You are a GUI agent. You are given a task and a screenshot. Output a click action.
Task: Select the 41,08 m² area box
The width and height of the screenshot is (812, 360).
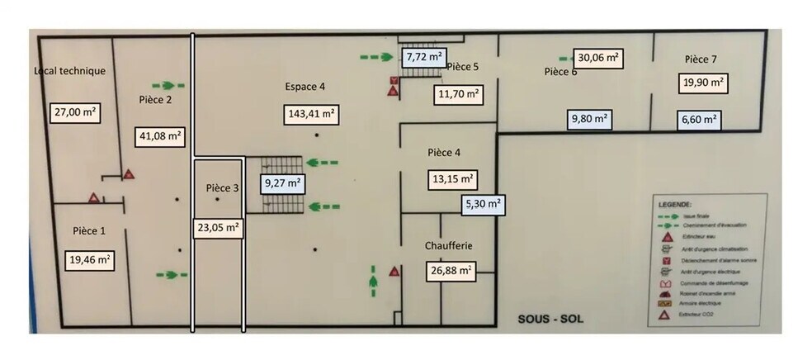click(x=159, y=135)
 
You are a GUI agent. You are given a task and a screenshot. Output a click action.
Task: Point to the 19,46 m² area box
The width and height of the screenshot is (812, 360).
click(x=88, y=259)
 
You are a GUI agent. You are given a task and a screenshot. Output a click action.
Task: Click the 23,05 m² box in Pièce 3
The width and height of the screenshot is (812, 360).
click(x=219, y=225)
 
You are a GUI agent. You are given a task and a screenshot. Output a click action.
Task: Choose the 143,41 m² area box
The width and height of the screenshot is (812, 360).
click(x=311, y=113)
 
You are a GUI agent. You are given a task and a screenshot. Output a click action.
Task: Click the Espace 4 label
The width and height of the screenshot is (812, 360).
click(x=305, y=86)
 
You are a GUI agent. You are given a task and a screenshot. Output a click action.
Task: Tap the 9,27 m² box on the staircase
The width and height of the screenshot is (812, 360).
click(x=282, y=182)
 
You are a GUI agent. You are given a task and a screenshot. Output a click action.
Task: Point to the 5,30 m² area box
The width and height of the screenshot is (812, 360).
click(x=483, y=203)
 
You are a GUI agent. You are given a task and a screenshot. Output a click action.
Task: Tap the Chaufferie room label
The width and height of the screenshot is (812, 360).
click(x=449, y=246)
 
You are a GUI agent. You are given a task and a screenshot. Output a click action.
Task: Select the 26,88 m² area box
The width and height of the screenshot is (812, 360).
click(x=450, y=270)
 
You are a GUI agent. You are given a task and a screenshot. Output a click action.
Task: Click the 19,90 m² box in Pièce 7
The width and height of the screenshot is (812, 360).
click(x=703, y=83)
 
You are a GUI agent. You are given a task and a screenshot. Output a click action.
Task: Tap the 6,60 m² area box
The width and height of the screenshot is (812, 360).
click(x=700, y=120)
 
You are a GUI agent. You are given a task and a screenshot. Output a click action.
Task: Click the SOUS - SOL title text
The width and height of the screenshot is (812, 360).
click(x=550, y=318)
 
